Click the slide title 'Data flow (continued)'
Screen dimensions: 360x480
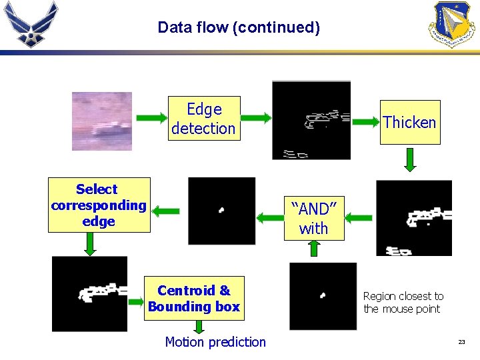239,27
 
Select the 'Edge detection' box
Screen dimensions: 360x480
203,119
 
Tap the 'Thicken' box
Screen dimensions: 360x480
409,122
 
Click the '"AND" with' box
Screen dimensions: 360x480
313,218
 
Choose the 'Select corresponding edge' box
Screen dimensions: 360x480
99,205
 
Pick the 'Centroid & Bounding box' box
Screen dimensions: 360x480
194,298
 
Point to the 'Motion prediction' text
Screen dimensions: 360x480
215,342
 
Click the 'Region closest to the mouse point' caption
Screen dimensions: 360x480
403,302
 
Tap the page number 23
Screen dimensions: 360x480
461,342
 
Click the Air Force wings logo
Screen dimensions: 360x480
31,23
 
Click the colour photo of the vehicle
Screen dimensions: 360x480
102,121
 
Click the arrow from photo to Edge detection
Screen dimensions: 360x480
151,119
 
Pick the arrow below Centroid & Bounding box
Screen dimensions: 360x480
198,326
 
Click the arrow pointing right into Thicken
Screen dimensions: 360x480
365,122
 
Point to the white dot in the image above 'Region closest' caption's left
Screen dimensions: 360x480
323,295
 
